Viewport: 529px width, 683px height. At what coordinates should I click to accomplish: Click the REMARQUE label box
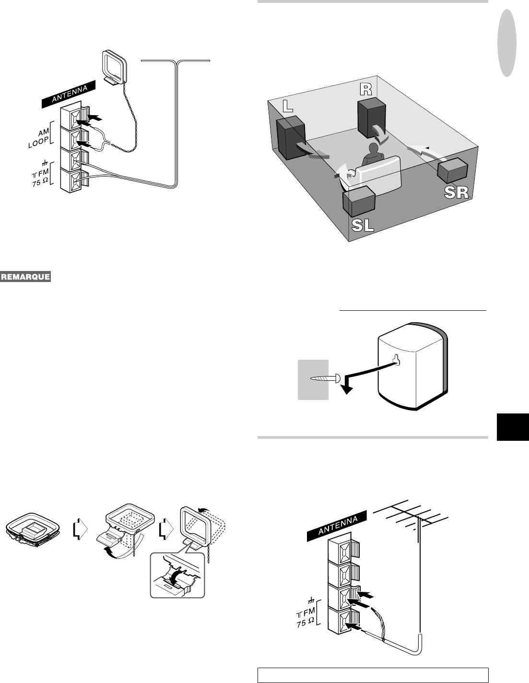26,277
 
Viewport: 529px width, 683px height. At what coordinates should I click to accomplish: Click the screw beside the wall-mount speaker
325,378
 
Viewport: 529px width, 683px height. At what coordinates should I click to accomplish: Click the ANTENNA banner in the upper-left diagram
69,94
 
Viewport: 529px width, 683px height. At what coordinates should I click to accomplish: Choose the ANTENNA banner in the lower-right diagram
338,527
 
